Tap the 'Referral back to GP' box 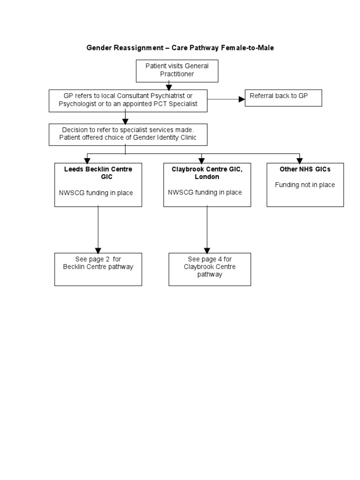[x=283, y=98]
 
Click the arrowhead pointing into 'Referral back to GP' [x=241, y=99]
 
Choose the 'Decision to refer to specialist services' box [x=128, y=134]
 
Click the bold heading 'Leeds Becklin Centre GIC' [x=98, y=173]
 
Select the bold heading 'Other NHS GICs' [x=305, y=169]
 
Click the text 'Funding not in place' [x=305, y=185]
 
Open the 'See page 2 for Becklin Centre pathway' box [x=98, y=269]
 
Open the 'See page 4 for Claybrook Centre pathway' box [x=210, y=269]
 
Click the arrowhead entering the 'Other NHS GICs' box [x=300, y=160]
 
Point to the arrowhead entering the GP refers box [x=169, y=87]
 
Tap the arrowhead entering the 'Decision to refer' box [x=126, y=120]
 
